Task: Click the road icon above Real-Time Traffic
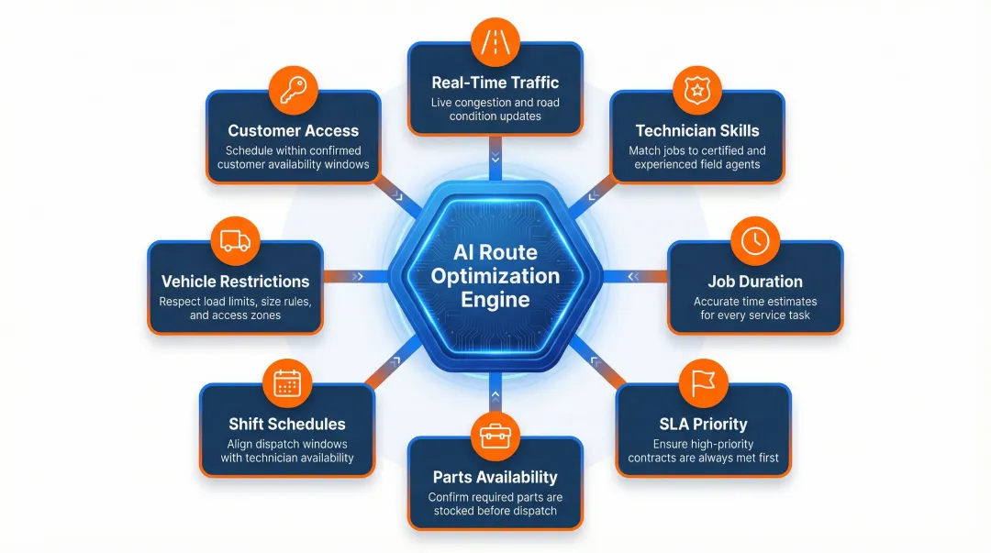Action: click(x=495, y=41)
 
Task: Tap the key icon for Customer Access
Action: click(x=294, y=90)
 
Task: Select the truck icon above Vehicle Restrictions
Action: click(x=235, y=241)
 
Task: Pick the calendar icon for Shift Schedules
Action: click(x=287, y=383)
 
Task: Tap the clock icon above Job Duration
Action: click(x=755, y=241)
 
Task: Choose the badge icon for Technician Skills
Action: click(x=697, y=90)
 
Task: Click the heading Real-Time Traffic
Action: click(x=495, y=83)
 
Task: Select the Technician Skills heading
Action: click(x=697, y=130)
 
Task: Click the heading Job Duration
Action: click(x=755, y=282)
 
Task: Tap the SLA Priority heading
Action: click(x=704, y=424)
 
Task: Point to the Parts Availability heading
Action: click(x=495, y=477)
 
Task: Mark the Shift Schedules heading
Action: click(x=287, y=424)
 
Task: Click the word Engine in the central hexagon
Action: click(x=495, y=299)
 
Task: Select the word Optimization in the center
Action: click(x=495, y=276)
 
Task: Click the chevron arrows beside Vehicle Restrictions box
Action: click(x=358, y=275)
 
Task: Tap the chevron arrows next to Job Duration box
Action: click(x=633, y=275)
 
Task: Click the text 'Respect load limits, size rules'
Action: click(x=235, y=301)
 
